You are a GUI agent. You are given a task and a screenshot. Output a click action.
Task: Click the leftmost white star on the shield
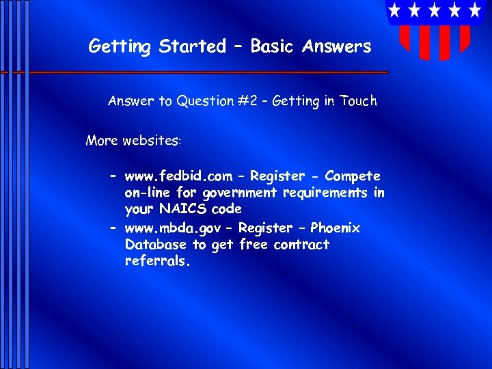click(x=394, y=10)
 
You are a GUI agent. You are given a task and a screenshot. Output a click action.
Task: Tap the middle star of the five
click(x=435, y=10)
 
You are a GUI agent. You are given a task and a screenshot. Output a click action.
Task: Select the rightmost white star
click(x=474, y=10)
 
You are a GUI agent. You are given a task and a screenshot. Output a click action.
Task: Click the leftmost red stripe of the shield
click(x=404, y=38)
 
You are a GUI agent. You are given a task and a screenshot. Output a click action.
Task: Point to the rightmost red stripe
click(x=465, y=38)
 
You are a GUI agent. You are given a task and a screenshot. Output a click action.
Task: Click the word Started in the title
click(x=192, y=46)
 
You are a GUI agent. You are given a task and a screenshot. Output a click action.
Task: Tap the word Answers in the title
click(x=338, y=46)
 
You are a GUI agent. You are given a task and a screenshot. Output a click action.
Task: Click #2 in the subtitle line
click(x=251, y=101)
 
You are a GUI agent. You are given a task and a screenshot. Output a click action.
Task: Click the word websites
click(x=152, y=141)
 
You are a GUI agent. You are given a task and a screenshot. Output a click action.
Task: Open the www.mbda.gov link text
click(x=172, y=228)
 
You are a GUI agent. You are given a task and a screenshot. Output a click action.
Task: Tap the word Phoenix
click(x=335, y=228)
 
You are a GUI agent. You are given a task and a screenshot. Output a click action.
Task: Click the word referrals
click(x=156, y=261)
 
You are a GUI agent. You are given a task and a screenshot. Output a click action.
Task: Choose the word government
click(x=236, y=193)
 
